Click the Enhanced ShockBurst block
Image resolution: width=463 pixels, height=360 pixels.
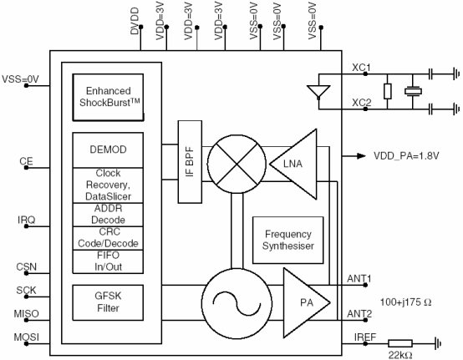pos(108,97)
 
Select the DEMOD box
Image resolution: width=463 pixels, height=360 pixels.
pos(108,150)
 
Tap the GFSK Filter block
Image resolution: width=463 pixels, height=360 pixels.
pos(108,302)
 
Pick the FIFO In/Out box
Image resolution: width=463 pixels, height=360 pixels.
pos(108,261)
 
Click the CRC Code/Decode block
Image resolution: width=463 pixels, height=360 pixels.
pos(108,238)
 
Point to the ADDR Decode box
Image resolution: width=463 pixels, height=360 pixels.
pos(108,215)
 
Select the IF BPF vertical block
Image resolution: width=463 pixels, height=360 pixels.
pos(190,162)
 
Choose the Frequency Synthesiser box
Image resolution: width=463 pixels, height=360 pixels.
pos(287,241)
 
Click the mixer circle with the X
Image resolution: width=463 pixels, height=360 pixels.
pos(237,164)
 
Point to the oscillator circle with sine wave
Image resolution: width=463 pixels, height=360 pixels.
pos(237,303)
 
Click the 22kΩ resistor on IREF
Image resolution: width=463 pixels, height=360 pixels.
pos(400,343)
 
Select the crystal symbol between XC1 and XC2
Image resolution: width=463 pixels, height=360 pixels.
pos(413,91)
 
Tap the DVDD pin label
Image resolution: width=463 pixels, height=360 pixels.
pos(135,21)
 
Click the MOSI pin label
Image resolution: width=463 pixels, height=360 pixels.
pos(26,337)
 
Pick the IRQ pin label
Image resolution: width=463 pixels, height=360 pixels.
pos(26,220)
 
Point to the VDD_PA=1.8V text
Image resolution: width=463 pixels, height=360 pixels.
pos(406,155)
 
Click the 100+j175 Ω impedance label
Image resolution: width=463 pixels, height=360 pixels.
pos(405,302)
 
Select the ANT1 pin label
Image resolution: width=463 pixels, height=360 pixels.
pos(359,278)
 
